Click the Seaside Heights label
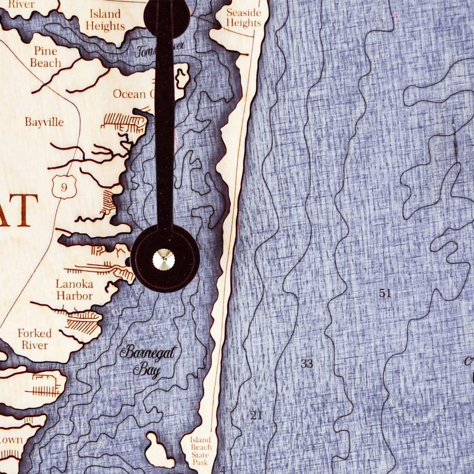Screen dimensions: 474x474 click(243, 17)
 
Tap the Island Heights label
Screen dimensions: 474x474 click(105, 20)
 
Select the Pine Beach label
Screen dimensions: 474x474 click(46, 57)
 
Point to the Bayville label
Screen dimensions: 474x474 click(44, 122)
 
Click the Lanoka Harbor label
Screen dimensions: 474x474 click(74, 290)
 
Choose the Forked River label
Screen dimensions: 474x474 click(35, 339)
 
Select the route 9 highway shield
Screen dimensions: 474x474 click(60, 187)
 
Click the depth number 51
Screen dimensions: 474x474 click(385, 294)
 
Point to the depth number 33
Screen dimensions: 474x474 click(307, 364)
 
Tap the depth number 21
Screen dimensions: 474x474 click(256, 415)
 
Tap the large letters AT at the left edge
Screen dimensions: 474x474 click(19, 210)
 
